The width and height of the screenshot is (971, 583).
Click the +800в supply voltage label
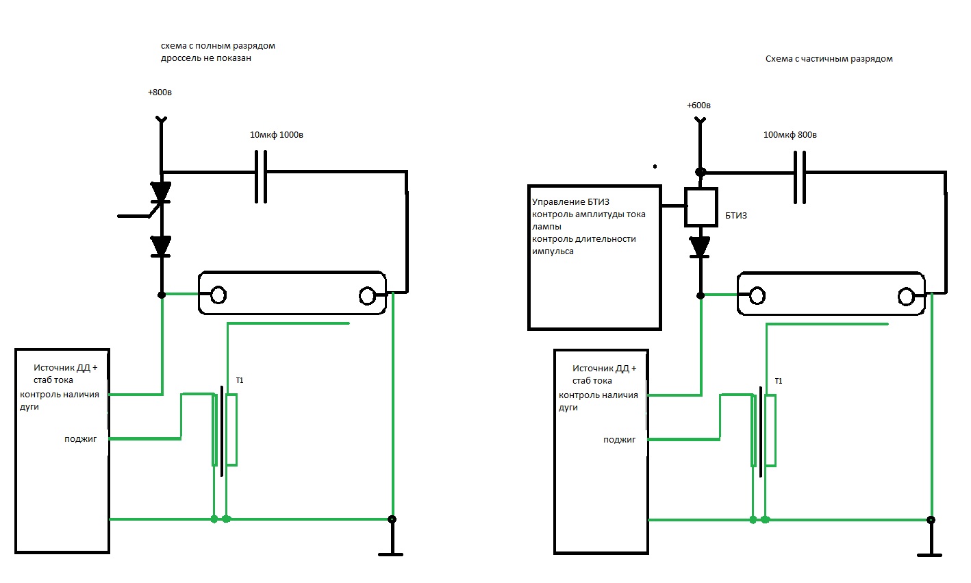point(160,92)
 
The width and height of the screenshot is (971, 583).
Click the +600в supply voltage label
point(698,106)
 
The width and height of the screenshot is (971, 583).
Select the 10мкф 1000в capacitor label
point(277,135)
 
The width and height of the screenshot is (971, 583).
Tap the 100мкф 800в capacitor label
point(790,135)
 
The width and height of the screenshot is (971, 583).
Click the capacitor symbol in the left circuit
point(260,177)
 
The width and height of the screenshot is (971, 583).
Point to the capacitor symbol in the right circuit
point(799,177)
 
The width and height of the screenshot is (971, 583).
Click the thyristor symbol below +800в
point(161,194)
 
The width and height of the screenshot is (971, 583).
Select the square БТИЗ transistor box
point(701,207)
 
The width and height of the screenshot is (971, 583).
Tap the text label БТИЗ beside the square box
point(736,216)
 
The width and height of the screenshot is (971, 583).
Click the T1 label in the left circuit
point(239,380)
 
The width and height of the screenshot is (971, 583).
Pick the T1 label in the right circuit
point(778,381)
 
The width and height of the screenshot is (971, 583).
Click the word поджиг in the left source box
point(81,439)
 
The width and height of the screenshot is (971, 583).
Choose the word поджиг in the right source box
point(620,440)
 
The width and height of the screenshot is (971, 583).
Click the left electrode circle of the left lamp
point(218,295)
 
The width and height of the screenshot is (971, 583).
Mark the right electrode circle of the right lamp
point(906,297)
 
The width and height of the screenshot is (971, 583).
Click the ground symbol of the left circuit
point(392,551)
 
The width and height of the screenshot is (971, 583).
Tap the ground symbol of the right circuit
point(930,551)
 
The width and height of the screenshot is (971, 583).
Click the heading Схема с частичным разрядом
point(829,59)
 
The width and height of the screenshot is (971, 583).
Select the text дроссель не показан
point(206,58)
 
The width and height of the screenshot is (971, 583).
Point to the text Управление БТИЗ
point(570,202)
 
